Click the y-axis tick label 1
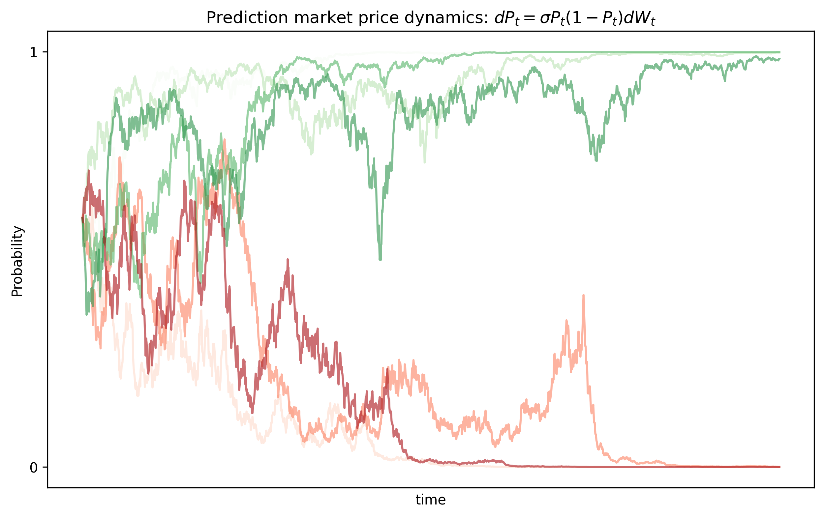[34, 52]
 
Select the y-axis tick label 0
[34, 468]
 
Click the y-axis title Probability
[17, 261]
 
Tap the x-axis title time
[430, 500]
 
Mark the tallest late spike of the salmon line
[583, 295]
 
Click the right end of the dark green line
[779, 59]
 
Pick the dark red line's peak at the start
[89, 171]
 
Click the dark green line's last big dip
[596, 160]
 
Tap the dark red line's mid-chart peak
[288, 260]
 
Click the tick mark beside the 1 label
[45, 52]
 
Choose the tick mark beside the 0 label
[45, 467]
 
